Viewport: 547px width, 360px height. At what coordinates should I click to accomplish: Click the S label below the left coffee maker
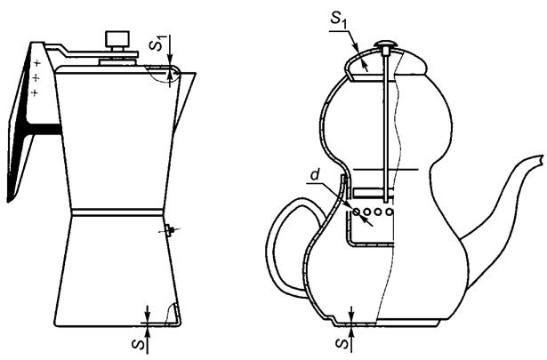[x=139, y=344]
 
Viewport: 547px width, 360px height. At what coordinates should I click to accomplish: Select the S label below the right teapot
[x=342, y=343]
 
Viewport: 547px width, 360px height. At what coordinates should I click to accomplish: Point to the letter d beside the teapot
[x=316, y=174]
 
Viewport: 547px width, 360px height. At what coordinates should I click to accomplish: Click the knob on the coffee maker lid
[x=117, y=40]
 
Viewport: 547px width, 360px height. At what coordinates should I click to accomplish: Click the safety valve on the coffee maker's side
[x=170, y=230]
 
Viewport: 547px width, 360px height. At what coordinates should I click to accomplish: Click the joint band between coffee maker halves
[x=117, y=212]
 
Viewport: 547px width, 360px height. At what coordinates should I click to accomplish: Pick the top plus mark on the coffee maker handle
[x=37, y=63]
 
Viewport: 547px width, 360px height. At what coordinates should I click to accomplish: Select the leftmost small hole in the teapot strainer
[x=356, y=212]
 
